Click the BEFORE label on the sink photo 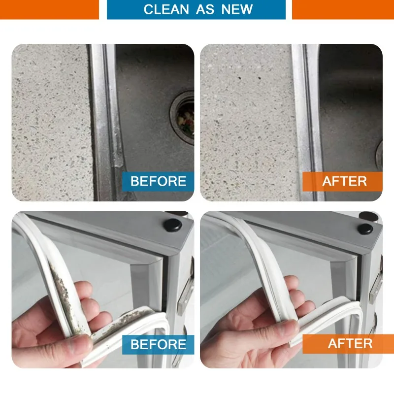point(158,181)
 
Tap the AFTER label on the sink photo point(344,181)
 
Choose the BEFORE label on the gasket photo point(158,344)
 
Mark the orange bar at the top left point(49,9)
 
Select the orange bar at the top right point(343,9)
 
